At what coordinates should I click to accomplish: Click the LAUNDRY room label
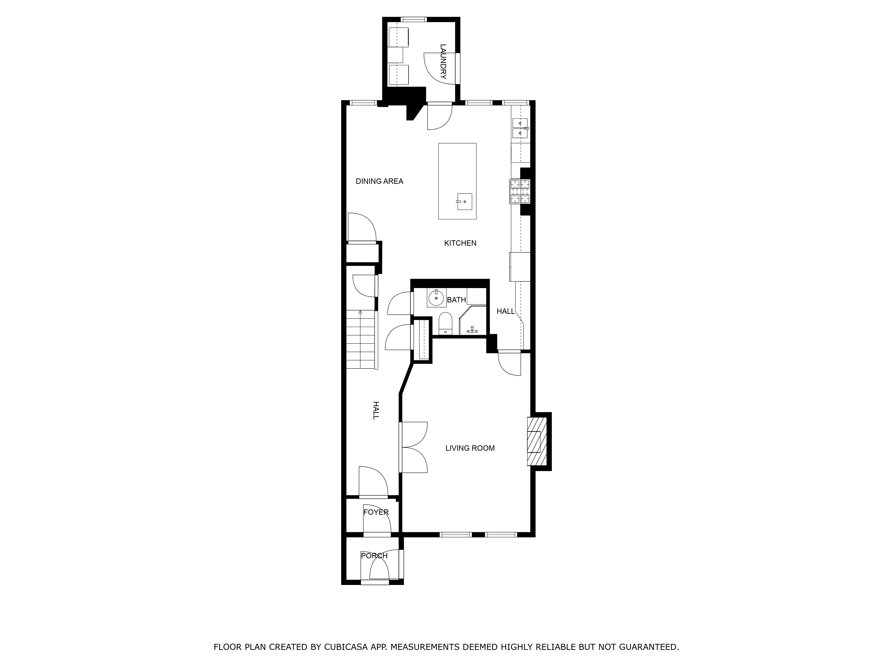pyautogui.click(x=443, y=61)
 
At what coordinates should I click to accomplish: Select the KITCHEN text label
pyautogui.click(x=460, y=243)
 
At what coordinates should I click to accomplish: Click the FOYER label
pyautogui.click(x=376, y=512)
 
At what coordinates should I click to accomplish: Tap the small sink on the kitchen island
pyautogui.click(x=464, y=201)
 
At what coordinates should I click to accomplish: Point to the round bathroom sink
pyautogui.click(x=436, y=298)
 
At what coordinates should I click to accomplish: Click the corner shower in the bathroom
pyautogui.click(x=473, y=321)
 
